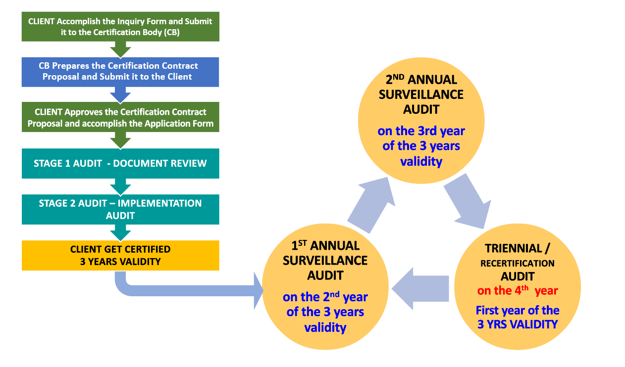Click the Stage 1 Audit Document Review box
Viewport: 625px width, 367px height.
click(x=120, y=163)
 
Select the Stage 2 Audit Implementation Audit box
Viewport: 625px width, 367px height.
click(x=120, y=209)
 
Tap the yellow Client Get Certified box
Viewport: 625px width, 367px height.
click(x=120, y=255)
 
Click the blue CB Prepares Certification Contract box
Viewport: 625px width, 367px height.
click(x=120, y=72)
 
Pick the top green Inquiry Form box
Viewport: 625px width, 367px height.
click(x=120, y=27)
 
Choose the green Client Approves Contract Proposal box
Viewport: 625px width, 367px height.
click(x=120, y=117)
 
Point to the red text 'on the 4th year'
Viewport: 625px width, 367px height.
click(x=517, y=290)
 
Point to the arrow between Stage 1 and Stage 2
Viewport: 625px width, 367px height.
click(x=120, y=186)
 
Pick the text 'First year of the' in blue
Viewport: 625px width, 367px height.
click(x=517, y=311)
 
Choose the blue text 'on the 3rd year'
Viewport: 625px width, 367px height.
click(x=421, y=131)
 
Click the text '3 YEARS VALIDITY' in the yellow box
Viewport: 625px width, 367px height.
click(x=120, y=262)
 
